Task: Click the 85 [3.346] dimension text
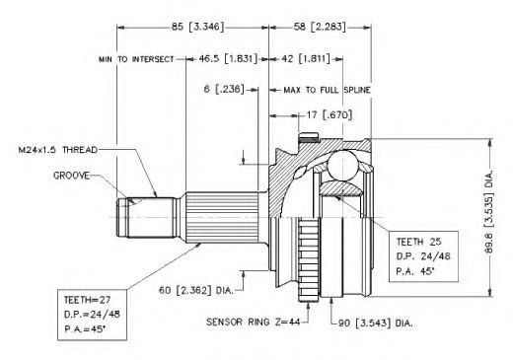[197, 27]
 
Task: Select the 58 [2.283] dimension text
[320, 27]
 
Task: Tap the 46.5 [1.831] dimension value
[228, 59]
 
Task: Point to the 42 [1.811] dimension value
[306, 59]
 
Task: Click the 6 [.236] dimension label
[224, 89]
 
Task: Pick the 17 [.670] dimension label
[330, 114]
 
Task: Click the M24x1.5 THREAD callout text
[58, 150]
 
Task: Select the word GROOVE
[71, 176]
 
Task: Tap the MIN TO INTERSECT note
[136, 59]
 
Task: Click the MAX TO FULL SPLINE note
[327, 90]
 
